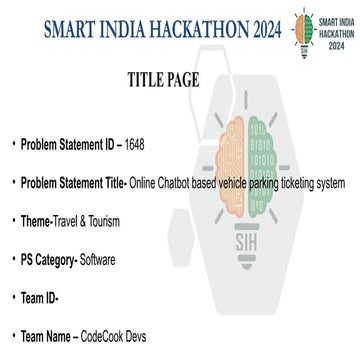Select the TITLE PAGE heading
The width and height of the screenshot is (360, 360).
[168, 78]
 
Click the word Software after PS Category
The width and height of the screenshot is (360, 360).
[97, 260]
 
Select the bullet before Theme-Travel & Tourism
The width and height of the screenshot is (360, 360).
[14, 219]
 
